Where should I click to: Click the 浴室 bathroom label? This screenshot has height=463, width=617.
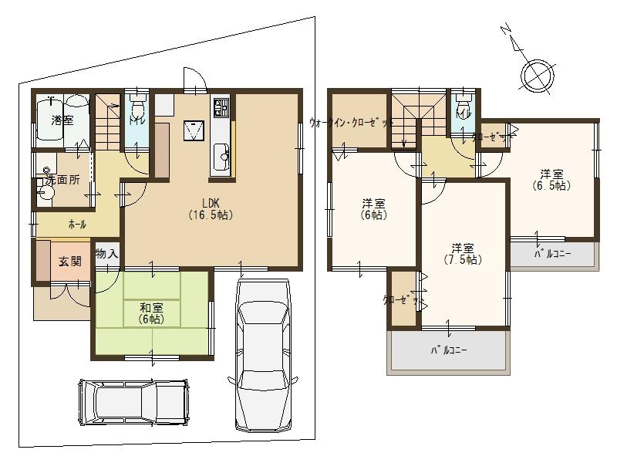click(x=62, y=120)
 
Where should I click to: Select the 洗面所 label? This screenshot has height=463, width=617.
click(x=62, y=180)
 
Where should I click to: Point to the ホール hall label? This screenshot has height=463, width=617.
click(x=77, y=225)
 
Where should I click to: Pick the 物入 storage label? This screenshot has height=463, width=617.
click(x=106, y=254)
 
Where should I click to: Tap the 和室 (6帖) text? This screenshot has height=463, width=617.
click(x=150, y=313)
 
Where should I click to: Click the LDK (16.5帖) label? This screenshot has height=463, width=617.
click(x=211, y=209)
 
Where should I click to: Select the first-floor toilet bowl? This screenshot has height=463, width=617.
click(x=138, y=108)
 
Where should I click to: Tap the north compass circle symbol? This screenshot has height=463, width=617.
click(x=536, y=76)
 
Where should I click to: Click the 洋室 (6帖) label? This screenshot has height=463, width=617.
click(x=374, y=209)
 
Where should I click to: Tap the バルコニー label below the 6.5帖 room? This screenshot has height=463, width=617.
click(x=552, y=253)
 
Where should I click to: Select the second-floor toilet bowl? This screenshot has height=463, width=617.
click(x=463, y=107)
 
